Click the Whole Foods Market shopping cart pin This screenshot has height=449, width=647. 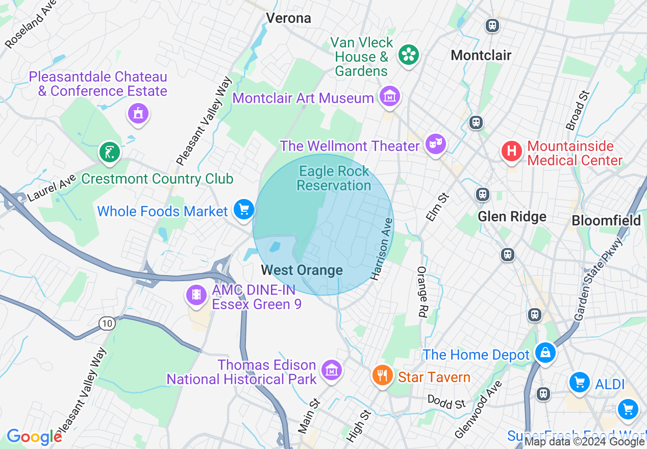click(x=244, y=209)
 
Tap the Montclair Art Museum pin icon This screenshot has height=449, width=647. click(x=390, y=96)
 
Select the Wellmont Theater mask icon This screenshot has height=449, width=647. click(x=435, y=144)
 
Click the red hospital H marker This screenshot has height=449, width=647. click(x=511, y=152)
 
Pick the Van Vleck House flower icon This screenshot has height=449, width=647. click(x=408, y=55)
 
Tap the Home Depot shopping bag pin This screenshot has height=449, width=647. click(x=545, y=353)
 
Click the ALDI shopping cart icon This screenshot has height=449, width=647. click(x=579, y=382)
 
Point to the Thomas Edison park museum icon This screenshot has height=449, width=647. click(x=332, y=369)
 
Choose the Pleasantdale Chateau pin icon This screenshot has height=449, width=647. click(x=138, y=114)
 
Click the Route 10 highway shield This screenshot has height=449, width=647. click(x=108, y=323)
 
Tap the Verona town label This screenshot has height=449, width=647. click(x=288, y=18)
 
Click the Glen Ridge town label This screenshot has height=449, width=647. click(x=512, y=216)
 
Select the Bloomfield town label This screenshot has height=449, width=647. click(x=606, y=220)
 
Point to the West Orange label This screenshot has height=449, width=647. click(x=302, y=270)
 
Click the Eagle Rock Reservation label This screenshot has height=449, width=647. click(x=334, y=178)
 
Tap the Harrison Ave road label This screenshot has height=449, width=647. click(x=383, y=250)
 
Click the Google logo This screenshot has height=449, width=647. click(x=34, y=437)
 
